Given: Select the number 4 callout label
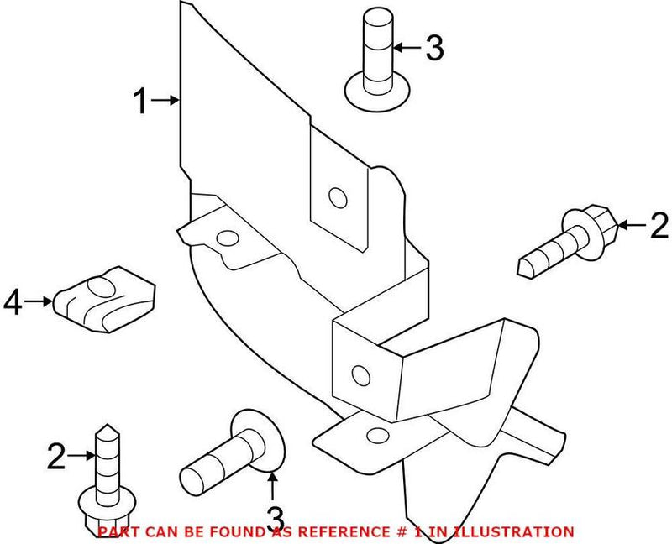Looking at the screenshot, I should click(13, 301).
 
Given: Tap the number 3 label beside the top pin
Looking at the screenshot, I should click(433, 49).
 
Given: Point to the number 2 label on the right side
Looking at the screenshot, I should click(660, 225).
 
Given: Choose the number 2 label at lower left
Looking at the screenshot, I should click(56, 457).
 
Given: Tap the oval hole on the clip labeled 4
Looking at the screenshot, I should click(100, 288).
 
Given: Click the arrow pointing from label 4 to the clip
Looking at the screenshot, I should click(40, 300).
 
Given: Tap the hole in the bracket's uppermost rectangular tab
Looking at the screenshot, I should click(337, 198).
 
